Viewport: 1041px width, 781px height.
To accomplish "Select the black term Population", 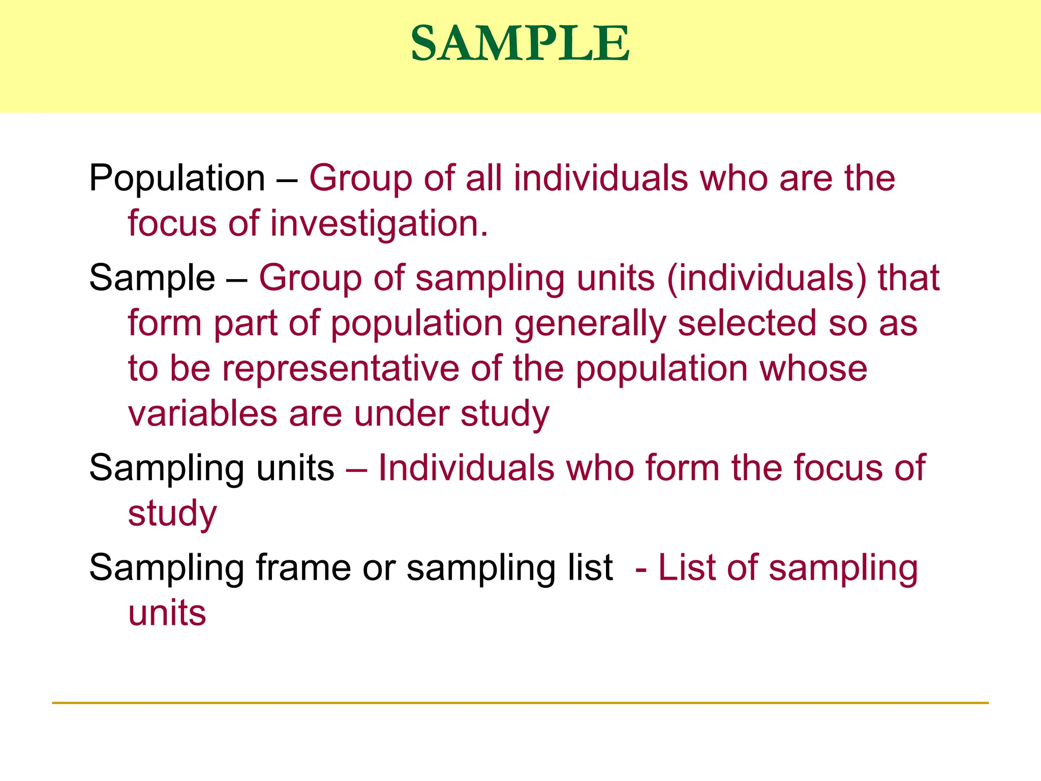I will [177, 178].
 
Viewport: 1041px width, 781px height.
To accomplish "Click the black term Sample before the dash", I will [152, 278].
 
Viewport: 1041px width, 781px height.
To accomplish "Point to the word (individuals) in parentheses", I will [767, 278].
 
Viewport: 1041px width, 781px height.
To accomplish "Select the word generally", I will [590, 324].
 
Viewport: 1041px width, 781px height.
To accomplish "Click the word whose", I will [813, 369].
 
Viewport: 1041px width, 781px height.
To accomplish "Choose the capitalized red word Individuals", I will [466, 468].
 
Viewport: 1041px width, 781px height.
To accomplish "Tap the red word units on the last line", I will [167, 613].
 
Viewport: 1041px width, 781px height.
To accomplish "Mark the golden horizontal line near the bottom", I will [520, 703].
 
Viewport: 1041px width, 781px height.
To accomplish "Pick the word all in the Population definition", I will [483, 178].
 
